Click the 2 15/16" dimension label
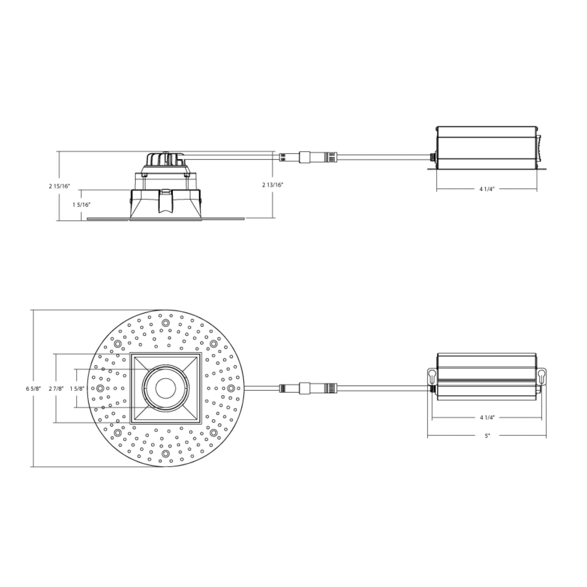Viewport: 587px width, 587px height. click(x=60, y=186)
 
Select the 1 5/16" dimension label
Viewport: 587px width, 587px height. click(x=81, y=205)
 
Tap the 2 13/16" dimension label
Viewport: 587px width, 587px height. click(x=273, y=185)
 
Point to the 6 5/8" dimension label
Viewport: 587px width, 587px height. click(x=33, y=389)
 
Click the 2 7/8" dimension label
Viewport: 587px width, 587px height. click(x=56, y=389)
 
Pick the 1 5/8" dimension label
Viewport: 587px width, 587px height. click(x=77, y=389)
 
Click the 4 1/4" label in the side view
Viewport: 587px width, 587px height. click(x=487, y=189)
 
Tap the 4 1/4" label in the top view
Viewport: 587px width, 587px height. click(x=487, y=417)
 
